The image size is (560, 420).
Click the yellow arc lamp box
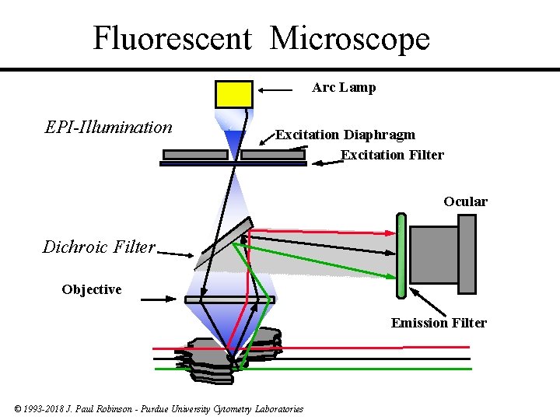pos(233,93)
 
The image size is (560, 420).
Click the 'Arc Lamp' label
pos(344,87)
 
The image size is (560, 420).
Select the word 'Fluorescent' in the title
pos(172,37)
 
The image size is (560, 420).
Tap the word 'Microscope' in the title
pos(349,37)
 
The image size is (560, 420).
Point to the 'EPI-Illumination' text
pos(109,127)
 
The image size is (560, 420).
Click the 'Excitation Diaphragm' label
pos(345,135)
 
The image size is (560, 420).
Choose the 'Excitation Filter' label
pos(392,155)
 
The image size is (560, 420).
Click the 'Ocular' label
pos(465,201)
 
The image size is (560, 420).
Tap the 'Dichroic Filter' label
pos(99,247)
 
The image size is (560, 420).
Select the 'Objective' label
pos(92,289)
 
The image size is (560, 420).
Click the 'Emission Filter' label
pos(439,323)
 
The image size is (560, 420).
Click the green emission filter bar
pos(401,256)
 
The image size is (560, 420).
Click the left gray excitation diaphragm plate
pos(195,154)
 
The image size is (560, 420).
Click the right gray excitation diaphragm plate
pos(272,154)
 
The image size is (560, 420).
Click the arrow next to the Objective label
pos(160,298)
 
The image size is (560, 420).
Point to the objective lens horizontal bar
pos(229,299)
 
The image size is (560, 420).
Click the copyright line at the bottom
pos(159,409)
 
